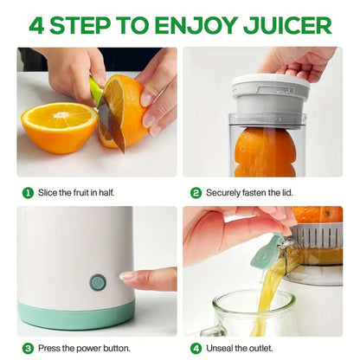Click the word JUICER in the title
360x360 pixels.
pos(287,25)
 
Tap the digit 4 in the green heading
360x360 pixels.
pos(36,25)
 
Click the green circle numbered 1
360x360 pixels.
pos(28,193)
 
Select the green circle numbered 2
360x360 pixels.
pos(196,193)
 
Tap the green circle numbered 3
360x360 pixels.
pos(28,349)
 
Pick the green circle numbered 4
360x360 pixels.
pos(196,349)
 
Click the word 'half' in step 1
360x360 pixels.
pos(106,193)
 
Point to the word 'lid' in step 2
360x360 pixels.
pos(287,193)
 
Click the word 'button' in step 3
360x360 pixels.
pos(117,349)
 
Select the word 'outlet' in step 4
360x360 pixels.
pos(260,349)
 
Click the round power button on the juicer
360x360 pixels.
pos(98,282)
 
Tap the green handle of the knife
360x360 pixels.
pos(96,91)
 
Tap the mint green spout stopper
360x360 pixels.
pos(264,252)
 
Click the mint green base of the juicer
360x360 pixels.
pos(76,314)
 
